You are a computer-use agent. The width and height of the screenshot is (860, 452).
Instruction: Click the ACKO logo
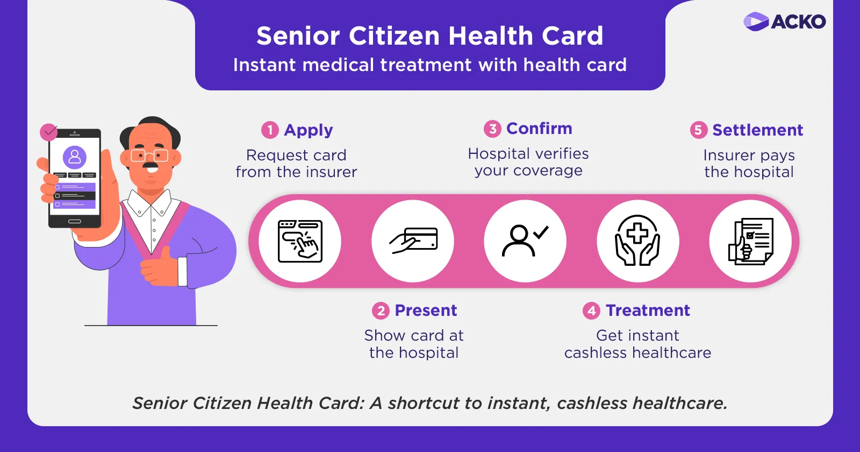pyautogui.click(x=784, y=21)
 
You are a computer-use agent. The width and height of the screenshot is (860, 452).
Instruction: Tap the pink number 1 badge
pyautogui.click(x=270, y=130)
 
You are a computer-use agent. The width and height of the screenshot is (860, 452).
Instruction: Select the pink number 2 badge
pyautogui.click(x=381, y=310)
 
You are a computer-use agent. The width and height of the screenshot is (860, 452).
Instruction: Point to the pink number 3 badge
pyautogui.click(x=492, y=129)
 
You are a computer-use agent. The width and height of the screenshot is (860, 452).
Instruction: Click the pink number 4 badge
pyautogui.click(x=591, y=310)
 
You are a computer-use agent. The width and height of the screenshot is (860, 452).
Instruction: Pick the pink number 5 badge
pyautogui.click(x=698, y=130)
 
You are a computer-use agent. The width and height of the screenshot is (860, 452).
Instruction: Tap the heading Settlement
pyautogui.click(x=757, y=130)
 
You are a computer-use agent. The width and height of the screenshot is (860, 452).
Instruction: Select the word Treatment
pyautogui.click(x=648, y=310)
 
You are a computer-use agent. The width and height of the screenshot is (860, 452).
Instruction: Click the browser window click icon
pyautogui.click(x=300, y=242)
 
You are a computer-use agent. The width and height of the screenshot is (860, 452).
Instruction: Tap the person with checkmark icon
pyautogui.click(x=525, y=241)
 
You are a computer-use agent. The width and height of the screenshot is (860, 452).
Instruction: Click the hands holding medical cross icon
pyautogui.click(x=637, y=240)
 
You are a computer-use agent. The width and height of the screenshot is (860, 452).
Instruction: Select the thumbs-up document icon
pyautogui.click(x=750, y=241)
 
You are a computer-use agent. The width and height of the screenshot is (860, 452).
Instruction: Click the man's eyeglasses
pyautogui.click(x=149, y=156)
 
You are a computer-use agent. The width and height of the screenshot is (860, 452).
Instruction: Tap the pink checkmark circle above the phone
pyautogui.click(x=49, y=132)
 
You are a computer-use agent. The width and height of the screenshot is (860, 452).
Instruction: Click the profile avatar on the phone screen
pyautogui.click(x=75, y=157)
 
